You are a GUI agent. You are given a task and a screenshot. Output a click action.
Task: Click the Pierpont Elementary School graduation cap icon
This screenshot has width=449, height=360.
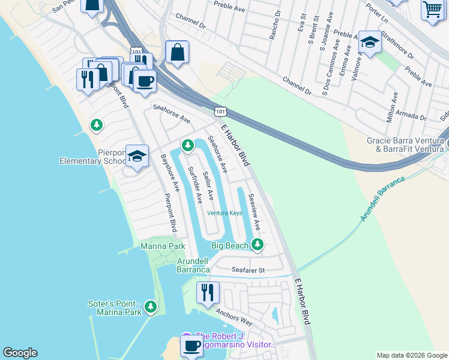(x=137, y=157)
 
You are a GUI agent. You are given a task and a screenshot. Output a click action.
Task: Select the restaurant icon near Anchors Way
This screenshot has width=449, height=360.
(x=208, y=293)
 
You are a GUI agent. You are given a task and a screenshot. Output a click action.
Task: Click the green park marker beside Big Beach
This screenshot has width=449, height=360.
(x=258, y=244)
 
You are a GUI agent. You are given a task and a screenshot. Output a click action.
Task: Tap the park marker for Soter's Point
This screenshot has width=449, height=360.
(x=151, y=307)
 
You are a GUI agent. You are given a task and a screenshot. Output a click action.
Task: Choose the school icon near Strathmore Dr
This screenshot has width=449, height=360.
(x=370, y=42)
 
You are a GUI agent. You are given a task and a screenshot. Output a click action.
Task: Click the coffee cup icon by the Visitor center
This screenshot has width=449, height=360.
(x=191, y=346)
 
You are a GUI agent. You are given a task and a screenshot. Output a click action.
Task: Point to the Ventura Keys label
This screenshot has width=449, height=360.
(x=224, y=213)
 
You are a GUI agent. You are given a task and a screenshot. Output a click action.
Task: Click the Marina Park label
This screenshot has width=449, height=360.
(x=163, y=246)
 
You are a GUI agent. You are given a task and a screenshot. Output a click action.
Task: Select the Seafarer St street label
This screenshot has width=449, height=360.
(x=248, y=271)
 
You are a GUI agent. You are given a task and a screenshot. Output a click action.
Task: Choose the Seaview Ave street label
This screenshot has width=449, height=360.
(x=254, y=211)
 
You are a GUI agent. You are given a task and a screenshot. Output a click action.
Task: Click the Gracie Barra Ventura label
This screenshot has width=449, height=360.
(x=405, y=144)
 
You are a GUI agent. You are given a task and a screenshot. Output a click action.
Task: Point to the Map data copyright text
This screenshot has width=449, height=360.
(x=411, y=355)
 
